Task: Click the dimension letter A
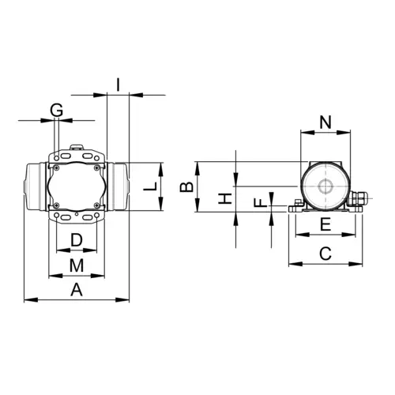[x=77, y=289]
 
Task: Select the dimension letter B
[x=186, y=187]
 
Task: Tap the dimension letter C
[x=325, y=253]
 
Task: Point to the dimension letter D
[x=77, y=239]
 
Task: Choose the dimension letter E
[x=325, y=225]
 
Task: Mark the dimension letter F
[x=257, y=203]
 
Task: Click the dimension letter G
[x=56, y=110]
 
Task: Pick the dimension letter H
[x=224, y=198]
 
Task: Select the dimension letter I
[x=117, y=82]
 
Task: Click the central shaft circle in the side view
[x=325, y=186]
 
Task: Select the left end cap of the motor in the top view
[x=34, y=186]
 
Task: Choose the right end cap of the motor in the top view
[x=118, y=186]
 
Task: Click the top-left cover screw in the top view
[x=57, y=166]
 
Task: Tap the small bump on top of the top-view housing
[x=77, y=147]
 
